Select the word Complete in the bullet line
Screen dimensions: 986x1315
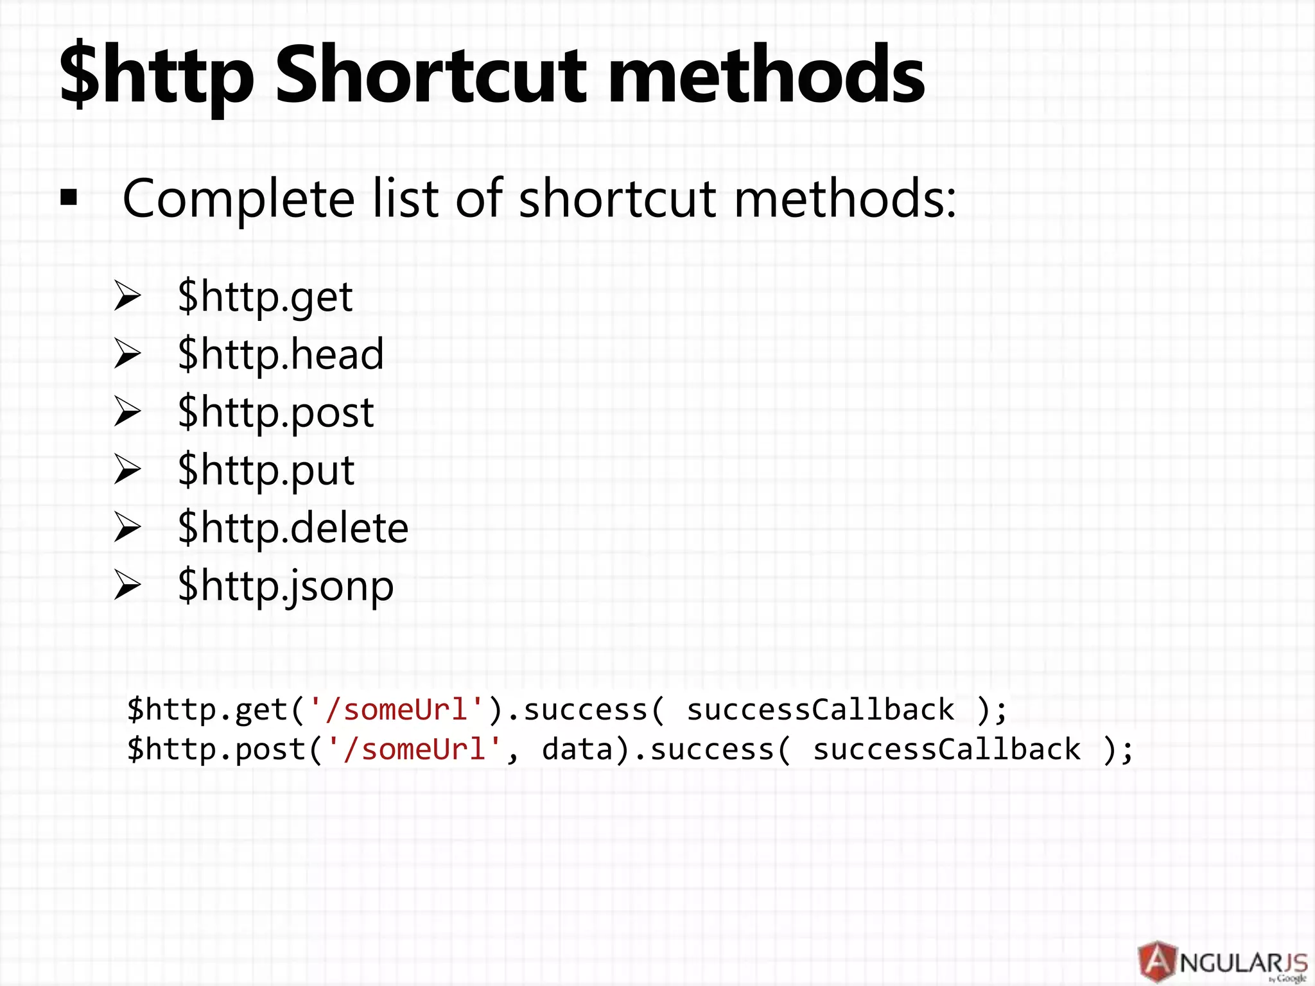tap(238, 199)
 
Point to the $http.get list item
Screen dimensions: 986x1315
tap(265, 297)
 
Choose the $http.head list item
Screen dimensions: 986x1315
tap(281, 354)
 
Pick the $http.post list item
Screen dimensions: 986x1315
tap(275, 412)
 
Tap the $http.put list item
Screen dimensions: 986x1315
tap(266, 471)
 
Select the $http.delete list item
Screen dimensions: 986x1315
tap(293, 528)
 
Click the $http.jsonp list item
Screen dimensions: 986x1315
tap(285, 586)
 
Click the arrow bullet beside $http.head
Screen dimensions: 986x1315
tap(127, 354)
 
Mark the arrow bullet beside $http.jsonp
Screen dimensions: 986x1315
tap(127, 585)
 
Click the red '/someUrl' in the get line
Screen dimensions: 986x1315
tap(396, 710)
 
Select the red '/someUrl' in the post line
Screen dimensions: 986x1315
tap(414, 750)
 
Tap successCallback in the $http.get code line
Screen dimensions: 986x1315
tap(820, 710)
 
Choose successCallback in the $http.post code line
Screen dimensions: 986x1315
tap(946, 750)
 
